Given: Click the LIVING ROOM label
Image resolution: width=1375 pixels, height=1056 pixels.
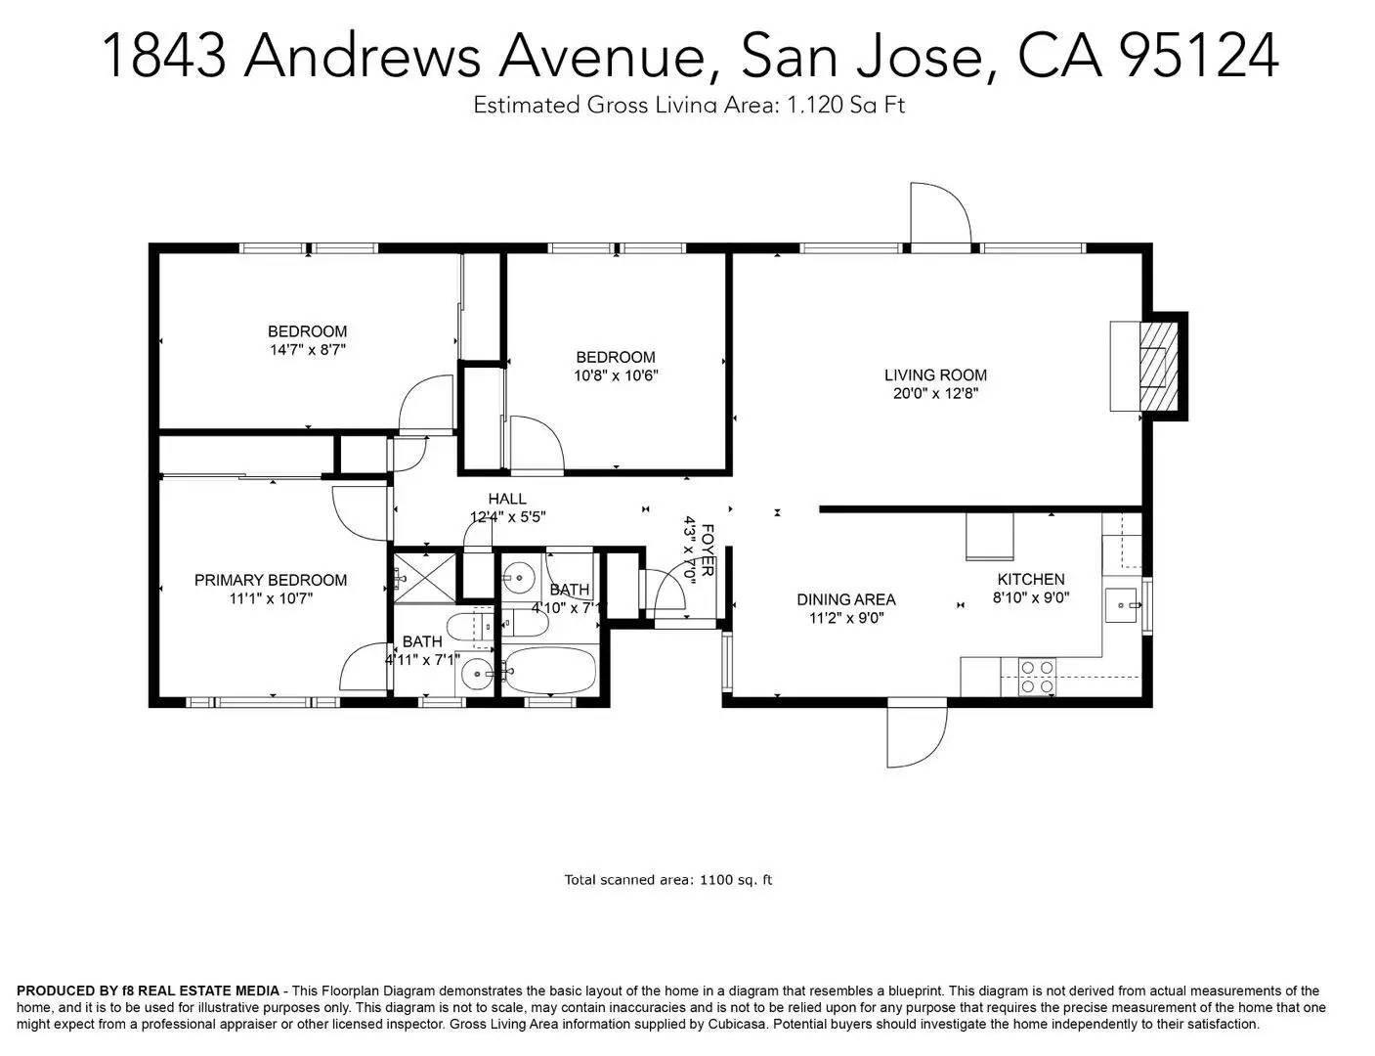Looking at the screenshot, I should tap(935, 374).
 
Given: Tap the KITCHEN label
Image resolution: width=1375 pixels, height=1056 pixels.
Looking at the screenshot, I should tap(1030, 579).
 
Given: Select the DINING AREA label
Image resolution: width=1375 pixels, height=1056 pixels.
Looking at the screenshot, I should tap(845, 599).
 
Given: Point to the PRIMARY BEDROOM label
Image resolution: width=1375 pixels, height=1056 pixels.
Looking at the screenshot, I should tap(271, 580).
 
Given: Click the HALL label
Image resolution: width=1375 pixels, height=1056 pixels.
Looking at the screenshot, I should tap(507, 499).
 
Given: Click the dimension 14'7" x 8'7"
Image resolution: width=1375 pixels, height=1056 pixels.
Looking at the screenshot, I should tap(308, 349).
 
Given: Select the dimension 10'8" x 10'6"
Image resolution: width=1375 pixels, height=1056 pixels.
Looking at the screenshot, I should tap(616, 374).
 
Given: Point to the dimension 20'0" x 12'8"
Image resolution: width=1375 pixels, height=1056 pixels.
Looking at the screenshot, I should tap(935, 393).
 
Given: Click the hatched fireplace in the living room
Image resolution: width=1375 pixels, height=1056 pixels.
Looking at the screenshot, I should tap(1158, 367).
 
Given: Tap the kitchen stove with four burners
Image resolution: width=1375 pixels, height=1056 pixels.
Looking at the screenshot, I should tap(1037, 677).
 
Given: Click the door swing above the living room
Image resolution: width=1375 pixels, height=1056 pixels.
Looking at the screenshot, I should tap(939, 212).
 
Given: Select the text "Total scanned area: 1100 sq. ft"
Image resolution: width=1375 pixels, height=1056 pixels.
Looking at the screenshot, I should tap(668, 880).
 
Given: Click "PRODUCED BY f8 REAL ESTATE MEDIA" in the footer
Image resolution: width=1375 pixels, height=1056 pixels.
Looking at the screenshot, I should tap(148, 991).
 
